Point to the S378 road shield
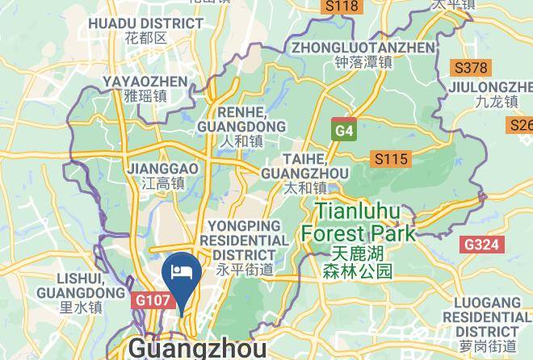coord(471,68)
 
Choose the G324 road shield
coord(482,244)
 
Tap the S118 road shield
coord(340,6)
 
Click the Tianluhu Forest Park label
coord(358,223)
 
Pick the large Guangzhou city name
coord(197,349)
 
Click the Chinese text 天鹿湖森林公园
coord(357,263)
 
